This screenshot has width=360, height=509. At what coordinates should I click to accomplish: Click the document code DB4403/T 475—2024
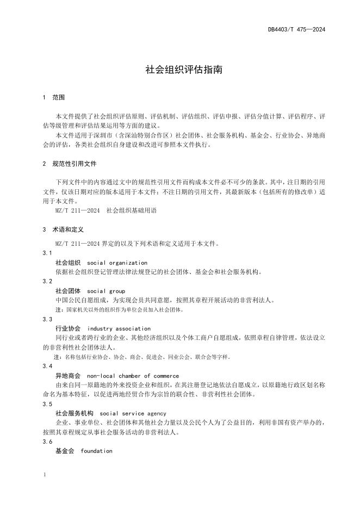pos(296,29)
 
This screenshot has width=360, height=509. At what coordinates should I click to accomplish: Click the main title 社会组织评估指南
pos(179,70)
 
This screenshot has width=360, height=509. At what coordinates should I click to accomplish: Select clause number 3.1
pos(47,253)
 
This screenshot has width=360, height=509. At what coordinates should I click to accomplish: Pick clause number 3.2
pos(47,282)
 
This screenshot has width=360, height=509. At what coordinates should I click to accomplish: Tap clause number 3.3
pos(47,319)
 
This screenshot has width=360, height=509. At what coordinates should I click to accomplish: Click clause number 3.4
pos(47,367)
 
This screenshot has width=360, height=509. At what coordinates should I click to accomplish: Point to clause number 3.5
pos(47,404)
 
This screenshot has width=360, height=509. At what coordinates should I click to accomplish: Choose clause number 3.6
pos(47,442)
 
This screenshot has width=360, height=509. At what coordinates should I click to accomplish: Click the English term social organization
pos(117,263)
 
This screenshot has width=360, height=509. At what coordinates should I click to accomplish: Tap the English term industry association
pos(119,328)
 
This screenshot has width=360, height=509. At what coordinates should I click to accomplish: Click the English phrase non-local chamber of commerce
pos(133,376)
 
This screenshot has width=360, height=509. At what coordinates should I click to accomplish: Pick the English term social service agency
pos(133,413)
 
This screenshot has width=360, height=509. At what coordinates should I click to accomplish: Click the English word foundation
pos(96,451)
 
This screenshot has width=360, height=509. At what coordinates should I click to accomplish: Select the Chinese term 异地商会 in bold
pos(68,376)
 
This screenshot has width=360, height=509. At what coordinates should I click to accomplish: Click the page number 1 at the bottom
pos(43,474)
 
